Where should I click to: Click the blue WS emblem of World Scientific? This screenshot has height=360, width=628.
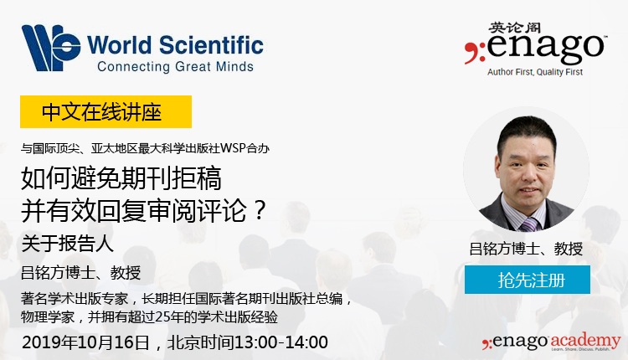point(51,47)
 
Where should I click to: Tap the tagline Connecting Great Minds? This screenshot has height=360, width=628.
point(175,66)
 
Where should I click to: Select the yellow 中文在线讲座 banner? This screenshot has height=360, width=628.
point(106,111)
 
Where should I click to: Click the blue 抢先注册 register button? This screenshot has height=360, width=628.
point(527,280)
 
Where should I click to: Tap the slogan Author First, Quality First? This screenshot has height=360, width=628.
point(535,72)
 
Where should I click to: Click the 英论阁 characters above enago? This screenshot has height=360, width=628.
point(514,28)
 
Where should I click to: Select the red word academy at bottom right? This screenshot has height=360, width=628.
point(586,342)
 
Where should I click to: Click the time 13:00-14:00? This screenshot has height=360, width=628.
point(281,342)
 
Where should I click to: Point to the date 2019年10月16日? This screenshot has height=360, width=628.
point(85,342)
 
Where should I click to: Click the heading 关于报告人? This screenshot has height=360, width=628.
point(67,243)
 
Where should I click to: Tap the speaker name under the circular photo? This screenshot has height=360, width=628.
point(526,249)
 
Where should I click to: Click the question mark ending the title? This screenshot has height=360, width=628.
point(260,209)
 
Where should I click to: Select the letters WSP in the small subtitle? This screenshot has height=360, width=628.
point(233,148)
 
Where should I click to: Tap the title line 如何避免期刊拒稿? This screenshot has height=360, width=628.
point(121,178)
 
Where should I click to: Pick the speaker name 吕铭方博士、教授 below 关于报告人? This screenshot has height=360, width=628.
point(81,272)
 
